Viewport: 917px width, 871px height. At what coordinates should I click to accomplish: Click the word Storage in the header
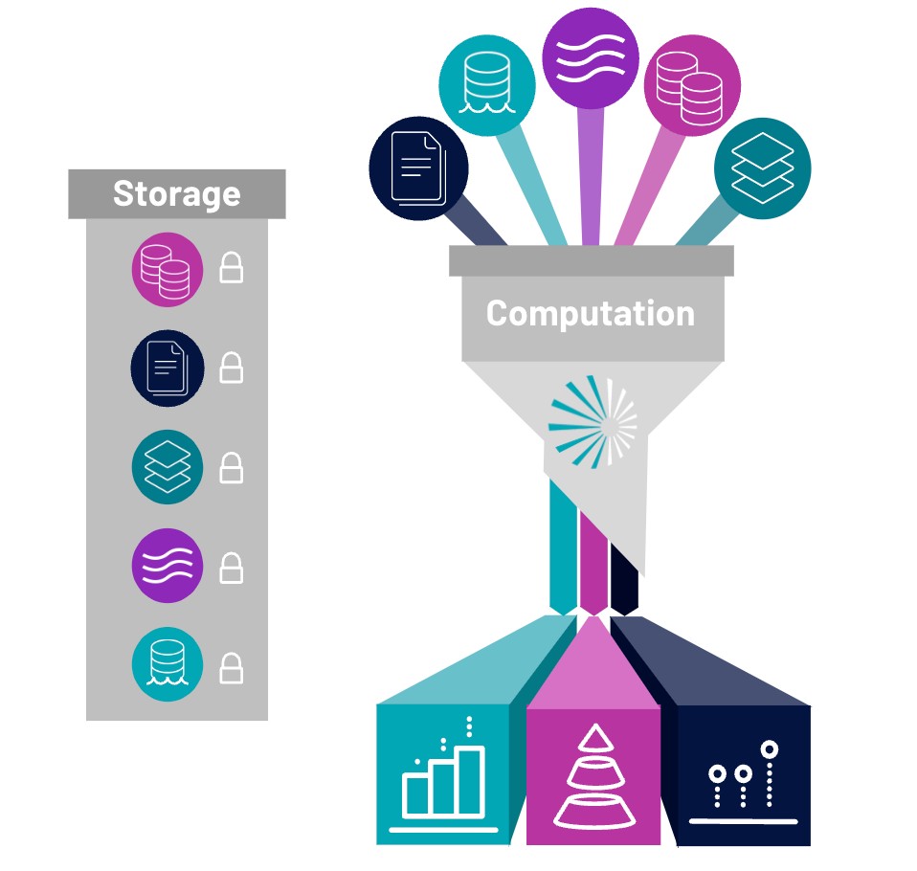[x=177, y=194]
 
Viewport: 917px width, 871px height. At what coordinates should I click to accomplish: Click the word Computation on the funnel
[x=591, y=314]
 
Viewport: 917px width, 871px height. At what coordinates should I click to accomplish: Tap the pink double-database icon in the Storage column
[x=168, y=270]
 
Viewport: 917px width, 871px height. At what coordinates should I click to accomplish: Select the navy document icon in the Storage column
[x=168, y=368]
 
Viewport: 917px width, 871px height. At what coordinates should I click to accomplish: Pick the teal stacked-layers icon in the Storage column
[x=168, y=467]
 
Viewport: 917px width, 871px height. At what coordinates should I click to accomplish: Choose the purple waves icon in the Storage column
[x=168, y=566]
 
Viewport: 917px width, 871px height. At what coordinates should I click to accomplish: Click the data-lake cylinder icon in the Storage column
[x=168, y=664]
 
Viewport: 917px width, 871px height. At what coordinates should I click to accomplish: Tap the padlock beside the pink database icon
[x=231, y=268]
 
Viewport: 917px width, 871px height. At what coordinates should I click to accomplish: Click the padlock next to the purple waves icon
[x=231, y=568]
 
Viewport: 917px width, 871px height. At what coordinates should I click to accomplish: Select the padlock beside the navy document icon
[x=231, y=368]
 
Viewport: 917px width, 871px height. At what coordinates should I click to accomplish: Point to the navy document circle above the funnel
[x=418, y=168]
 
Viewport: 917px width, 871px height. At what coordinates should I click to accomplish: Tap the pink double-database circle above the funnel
[x=692, y=85]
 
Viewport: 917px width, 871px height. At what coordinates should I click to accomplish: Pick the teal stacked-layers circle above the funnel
[x=763, y=168]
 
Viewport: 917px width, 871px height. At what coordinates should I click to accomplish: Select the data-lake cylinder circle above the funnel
[x=487, y=85]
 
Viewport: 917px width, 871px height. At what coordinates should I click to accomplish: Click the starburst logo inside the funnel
[x=593, y=422]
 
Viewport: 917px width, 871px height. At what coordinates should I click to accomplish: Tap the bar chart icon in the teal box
[x=444, y=773]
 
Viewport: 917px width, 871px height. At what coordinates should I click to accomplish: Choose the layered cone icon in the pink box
[x=594, y=777]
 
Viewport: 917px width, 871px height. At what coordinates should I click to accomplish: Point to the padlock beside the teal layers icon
[x=231, y=468]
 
